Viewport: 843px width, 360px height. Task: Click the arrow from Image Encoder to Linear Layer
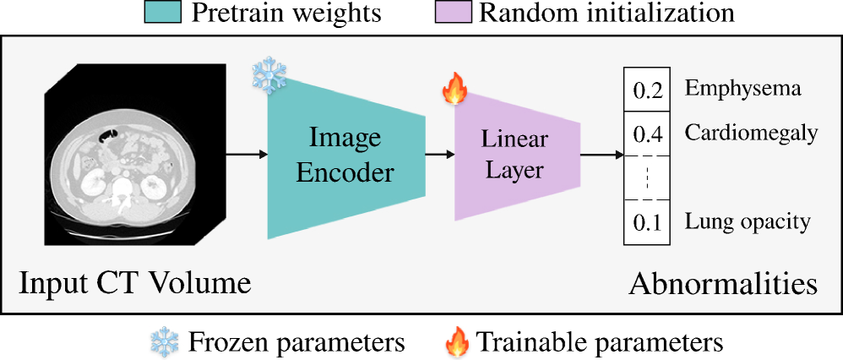point(439,155)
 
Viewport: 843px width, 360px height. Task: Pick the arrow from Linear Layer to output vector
point(602,155)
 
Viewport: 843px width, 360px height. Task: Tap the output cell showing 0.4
point(646,134)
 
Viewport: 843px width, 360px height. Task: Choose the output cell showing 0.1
point(646,223)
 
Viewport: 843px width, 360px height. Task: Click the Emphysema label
point(742,88)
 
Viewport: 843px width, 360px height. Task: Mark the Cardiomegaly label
point(751,133)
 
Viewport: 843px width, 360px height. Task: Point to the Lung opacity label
point(748,222)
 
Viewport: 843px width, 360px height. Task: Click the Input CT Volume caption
point(135,282)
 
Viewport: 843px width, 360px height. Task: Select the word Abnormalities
point(723,283)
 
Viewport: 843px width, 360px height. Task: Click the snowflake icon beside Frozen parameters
point(162,341)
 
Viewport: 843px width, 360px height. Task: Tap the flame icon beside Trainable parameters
point(457,341)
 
